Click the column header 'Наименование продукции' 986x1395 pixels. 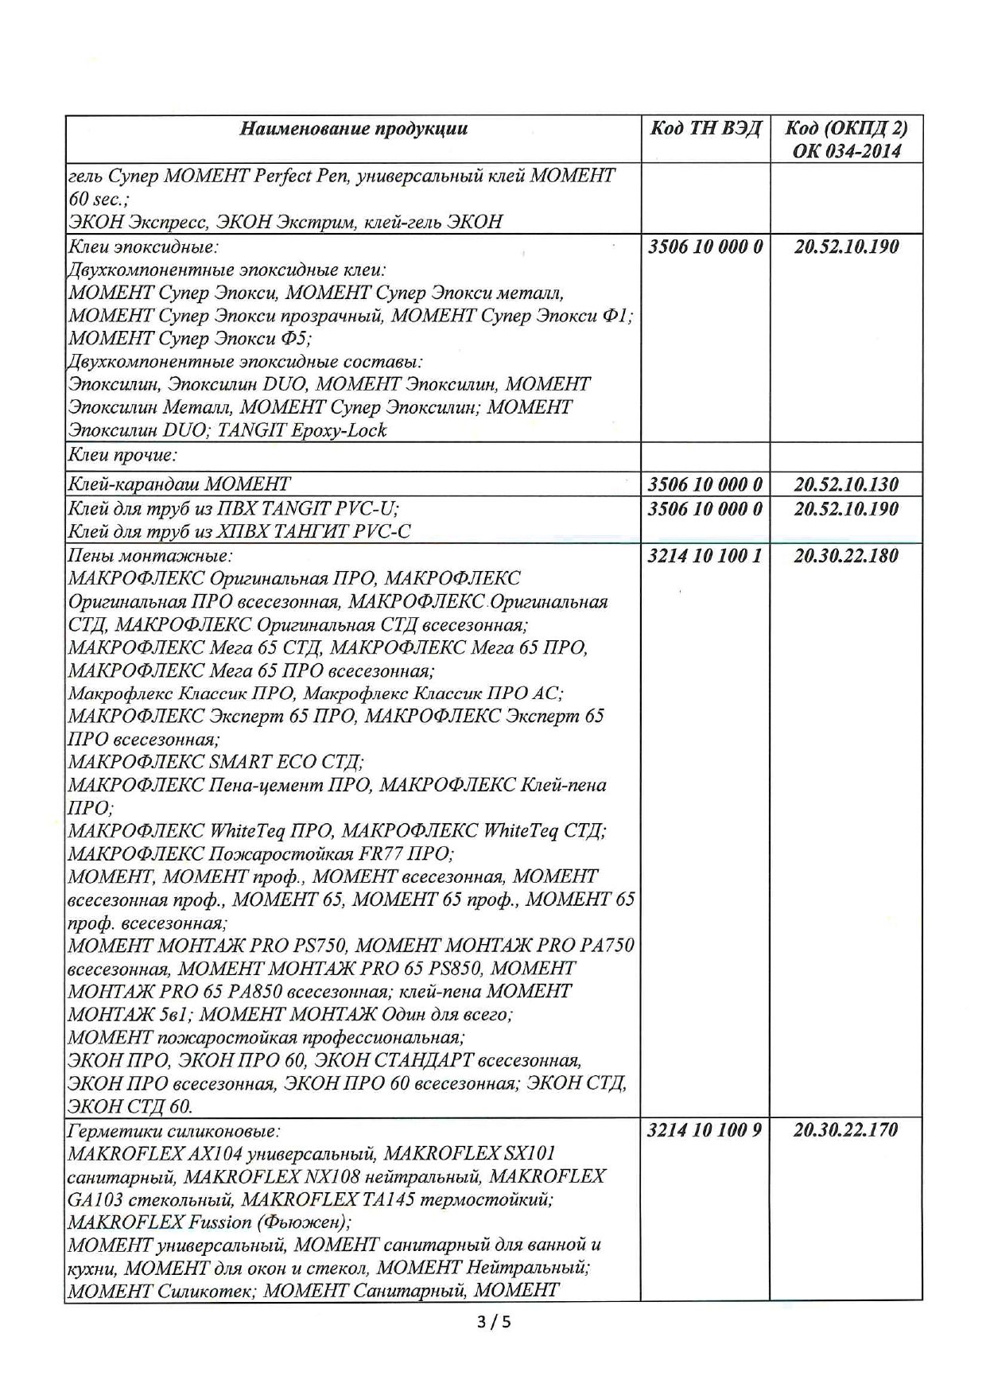tap(354, 129)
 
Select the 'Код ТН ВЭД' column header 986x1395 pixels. tap(705, 129)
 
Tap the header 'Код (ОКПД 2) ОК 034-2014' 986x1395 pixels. tap(846, 139)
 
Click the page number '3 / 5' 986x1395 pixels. tap(493, 1323)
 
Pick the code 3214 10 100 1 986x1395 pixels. tap(705, 556)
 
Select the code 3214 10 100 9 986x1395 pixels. tap(705, 1129)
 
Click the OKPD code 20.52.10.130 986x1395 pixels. tap(846, 484)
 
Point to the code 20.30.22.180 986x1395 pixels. tap(846, 556)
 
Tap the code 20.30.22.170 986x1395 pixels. tap(846, 1129)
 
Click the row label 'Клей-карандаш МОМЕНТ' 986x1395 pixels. tap(180, 484)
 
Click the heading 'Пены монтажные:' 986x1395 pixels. tap(150, 556)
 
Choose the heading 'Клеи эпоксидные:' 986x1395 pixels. tap(144, 247)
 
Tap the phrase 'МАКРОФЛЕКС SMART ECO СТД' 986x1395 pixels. tap(215, 762)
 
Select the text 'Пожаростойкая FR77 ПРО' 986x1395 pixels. tap(329, 854)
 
